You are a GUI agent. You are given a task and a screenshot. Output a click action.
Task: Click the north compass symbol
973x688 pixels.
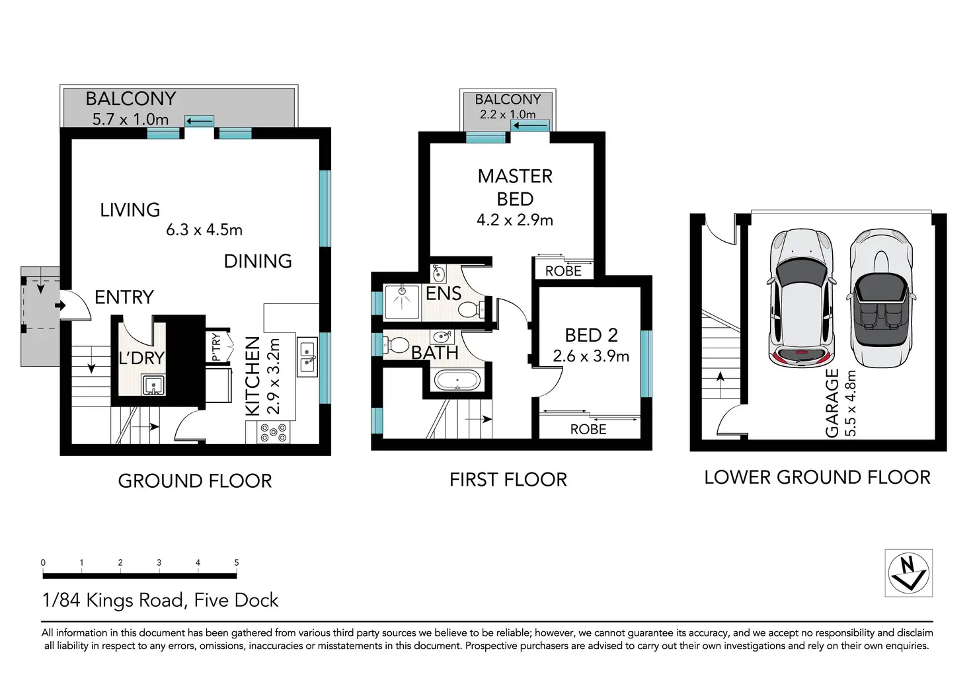[909, 572]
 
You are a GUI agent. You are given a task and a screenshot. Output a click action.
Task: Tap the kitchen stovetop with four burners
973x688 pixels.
[273, 433]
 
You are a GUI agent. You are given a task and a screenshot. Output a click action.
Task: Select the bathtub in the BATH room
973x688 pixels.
[457, 381]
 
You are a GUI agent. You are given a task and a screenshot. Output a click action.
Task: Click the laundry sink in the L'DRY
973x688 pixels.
[153, 385]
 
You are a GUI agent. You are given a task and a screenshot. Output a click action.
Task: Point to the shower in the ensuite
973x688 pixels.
[401, 301]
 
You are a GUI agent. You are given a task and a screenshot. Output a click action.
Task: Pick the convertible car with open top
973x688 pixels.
[881, 298]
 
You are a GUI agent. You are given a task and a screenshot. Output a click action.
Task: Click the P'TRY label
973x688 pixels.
[216, 347]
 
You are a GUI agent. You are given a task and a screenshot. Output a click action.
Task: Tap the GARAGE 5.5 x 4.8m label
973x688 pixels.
[840, 402]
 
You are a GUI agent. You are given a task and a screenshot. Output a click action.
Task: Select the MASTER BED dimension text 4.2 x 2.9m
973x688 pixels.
[515, 220]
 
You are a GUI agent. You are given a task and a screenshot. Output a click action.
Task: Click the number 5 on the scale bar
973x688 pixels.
[237, 562]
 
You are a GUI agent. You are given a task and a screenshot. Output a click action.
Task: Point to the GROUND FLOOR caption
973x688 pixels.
[195, 481]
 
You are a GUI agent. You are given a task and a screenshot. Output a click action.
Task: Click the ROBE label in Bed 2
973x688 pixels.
[588, 429]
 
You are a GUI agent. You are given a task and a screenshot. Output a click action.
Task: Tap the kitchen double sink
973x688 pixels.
[307, 357]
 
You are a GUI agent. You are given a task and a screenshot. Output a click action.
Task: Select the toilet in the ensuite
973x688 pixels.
[471, 310]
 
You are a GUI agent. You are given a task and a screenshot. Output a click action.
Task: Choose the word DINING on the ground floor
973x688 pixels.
[258, 261]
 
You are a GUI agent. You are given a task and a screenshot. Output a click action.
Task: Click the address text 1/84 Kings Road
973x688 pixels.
[114, 600]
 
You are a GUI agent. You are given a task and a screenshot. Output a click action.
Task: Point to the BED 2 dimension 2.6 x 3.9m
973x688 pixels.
[591, 356]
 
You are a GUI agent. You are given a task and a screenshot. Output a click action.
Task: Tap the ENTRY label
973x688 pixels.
[124, 297]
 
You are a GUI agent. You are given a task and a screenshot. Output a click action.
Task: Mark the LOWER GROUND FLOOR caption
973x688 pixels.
[818, 477]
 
